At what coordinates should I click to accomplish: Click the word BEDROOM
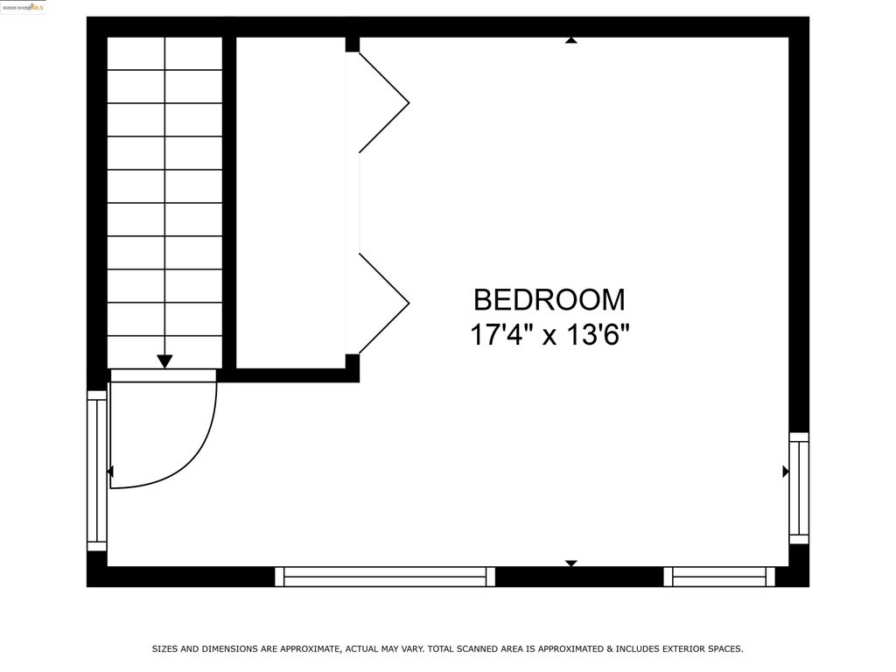pyautogui.click(x=549, y=300)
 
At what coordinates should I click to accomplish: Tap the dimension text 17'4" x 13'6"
pyautogui.click(x=549, y=335)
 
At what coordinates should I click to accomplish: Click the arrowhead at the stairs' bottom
pyautogui.click(x=164, y=361)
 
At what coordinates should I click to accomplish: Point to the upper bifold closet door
pyautogui.click(x=384, y=103)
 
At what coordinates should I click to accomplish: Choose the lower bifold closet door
pyautogui.click(x=384, y=304)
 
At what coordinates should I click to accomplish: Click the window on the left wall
pyautogui.click(x=97, y=471)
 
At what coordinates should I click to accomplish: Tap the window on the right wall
pyautogui.click(x=799, y=488)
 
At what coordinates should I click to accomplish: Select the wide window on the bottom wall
pyautogui.click(x=385, y=577)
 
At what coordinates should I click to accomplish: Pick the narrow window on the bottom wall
pyautogui.click(x=719, y=577)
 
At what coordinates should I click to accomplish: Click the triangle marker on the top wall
pyautogui.click(x=570, y=40)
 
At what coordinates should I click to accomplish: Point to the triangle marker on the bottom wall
pyautogui.click(x=570, y=563)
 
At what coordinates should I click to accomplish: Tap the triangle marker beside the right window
pyautogui.click(x=786, y=472)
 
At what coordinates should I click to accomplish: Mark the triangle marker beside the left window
pyautogui.click(x=110, y=472)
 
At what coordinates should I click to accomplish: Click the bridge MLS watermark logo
pyautogui.click(x=24, y=7)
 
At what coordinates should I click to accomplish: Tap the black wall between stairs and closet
pyautogui.click(x=229, y=203)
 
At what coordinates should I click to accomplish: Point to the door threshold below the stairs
pyautogui.click(x=164, y=374)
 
